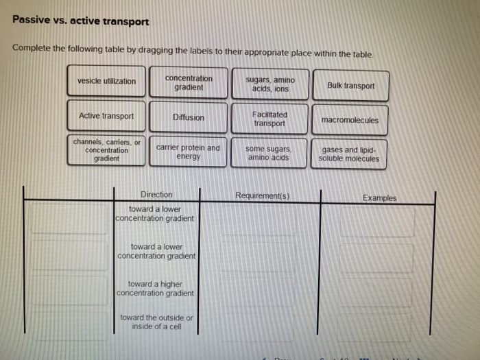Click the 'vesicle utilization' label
(x=106, y=81)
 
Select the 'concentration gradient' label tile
(x=189, y=83)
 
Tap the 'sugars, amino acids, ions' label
(x=270, y=84)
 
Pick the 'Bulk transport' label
(x=350, y=86)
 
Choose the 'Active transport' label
(x=106, y=116)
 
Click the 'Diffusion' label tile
(x=189, y=117)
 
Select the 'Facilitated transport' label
(x=270, y=119)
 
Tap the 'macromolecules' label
(x=350, y=120)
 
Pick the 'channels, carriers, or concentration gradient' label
(x=106, y=150)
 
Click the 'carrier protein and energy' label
(x=189, y=152)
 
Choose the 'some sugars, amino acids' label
(x=270, y=153)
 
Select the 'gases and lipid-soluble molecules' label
(x=349, y=154)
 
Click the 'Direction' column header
(x=156, y=194)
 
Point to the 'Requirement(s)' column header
(x=262, y=195)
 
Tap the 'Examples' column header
(x=379, y=197)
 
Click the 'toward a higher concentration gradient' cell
(x=156, y=288)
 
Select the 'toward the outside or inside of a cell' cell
(x=156, y=322)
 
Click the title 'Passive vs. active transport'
(x=80, y=21)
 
